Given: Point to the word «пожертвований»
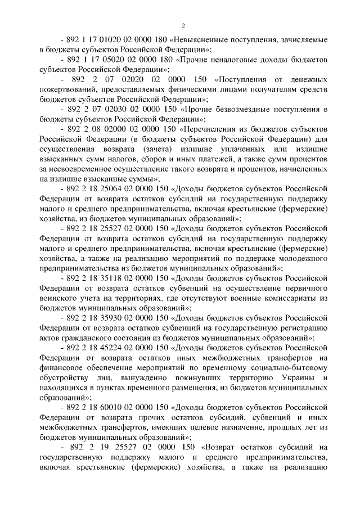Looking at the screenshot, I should point(71,89).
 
